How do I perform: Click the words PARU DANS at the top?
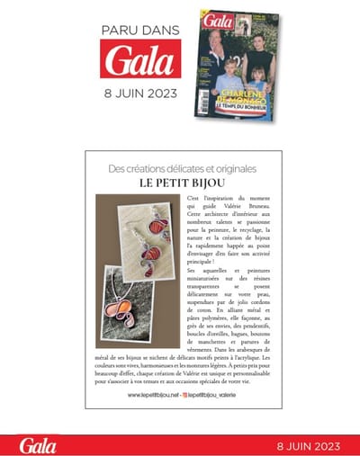(x=141, y=30)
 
